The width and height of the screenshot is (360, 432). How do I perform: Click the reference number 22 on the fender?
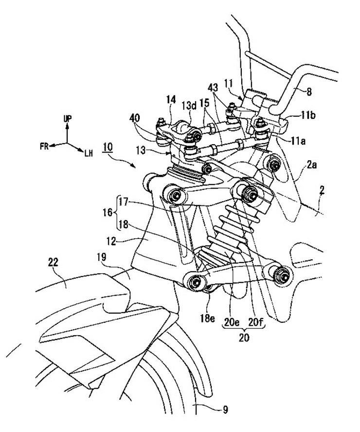53,263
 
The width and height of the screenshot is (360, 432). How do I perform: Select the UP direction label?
68,119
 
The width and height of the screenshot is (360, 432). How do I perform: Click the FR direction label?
44,146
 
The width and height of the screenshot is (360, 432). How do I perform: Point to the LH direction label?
89,153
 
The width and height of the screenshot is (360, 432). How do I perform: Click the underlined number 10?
108,147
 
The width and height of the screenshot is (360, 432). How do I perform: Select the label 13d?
189,105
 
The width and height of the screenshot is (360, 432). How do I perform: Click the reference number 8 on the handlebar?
309,92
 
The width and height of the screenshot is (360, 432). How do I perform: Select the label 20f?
256,321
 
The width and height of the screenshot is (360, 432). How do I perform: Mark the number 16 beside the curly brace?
108,212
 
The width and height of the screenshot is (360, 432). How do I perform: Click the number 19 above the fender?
102,257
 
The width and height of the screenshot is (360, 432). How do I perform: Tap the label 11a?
298,141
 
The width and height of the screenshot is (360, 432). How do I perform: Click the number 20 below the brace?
244,337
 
